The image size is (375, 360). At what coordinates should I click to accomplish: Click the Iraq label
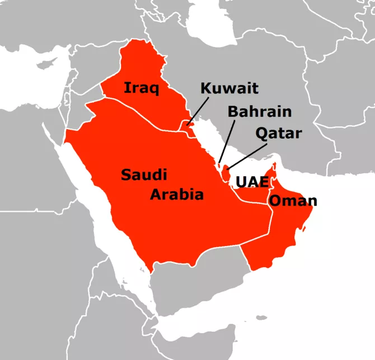tap(141, 88)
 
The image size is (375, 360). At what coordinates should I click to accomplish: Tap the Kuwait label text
tap(229, 88)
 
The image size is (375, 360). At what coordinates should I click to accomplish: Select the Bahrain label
tap(259, 111)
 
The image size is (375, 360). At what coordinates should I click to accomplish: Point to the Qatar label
tap(278, 133)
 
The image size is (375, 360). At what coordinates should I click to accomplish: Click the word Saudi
tap(144, 175)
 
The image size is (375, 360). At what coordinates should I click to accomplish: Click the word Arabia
tap(176, 195)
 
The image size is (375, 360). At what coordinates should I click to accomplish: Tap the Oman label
tap(293, 201)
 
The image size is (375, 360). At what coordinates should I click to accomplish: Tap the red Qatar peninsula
tap(226, 171)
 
